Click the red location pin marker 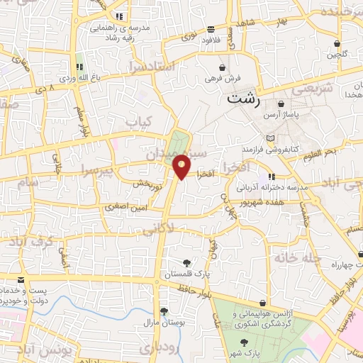[182, 166]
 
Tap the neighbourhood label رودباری [156, 348]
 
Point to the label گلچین [333, 54]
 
